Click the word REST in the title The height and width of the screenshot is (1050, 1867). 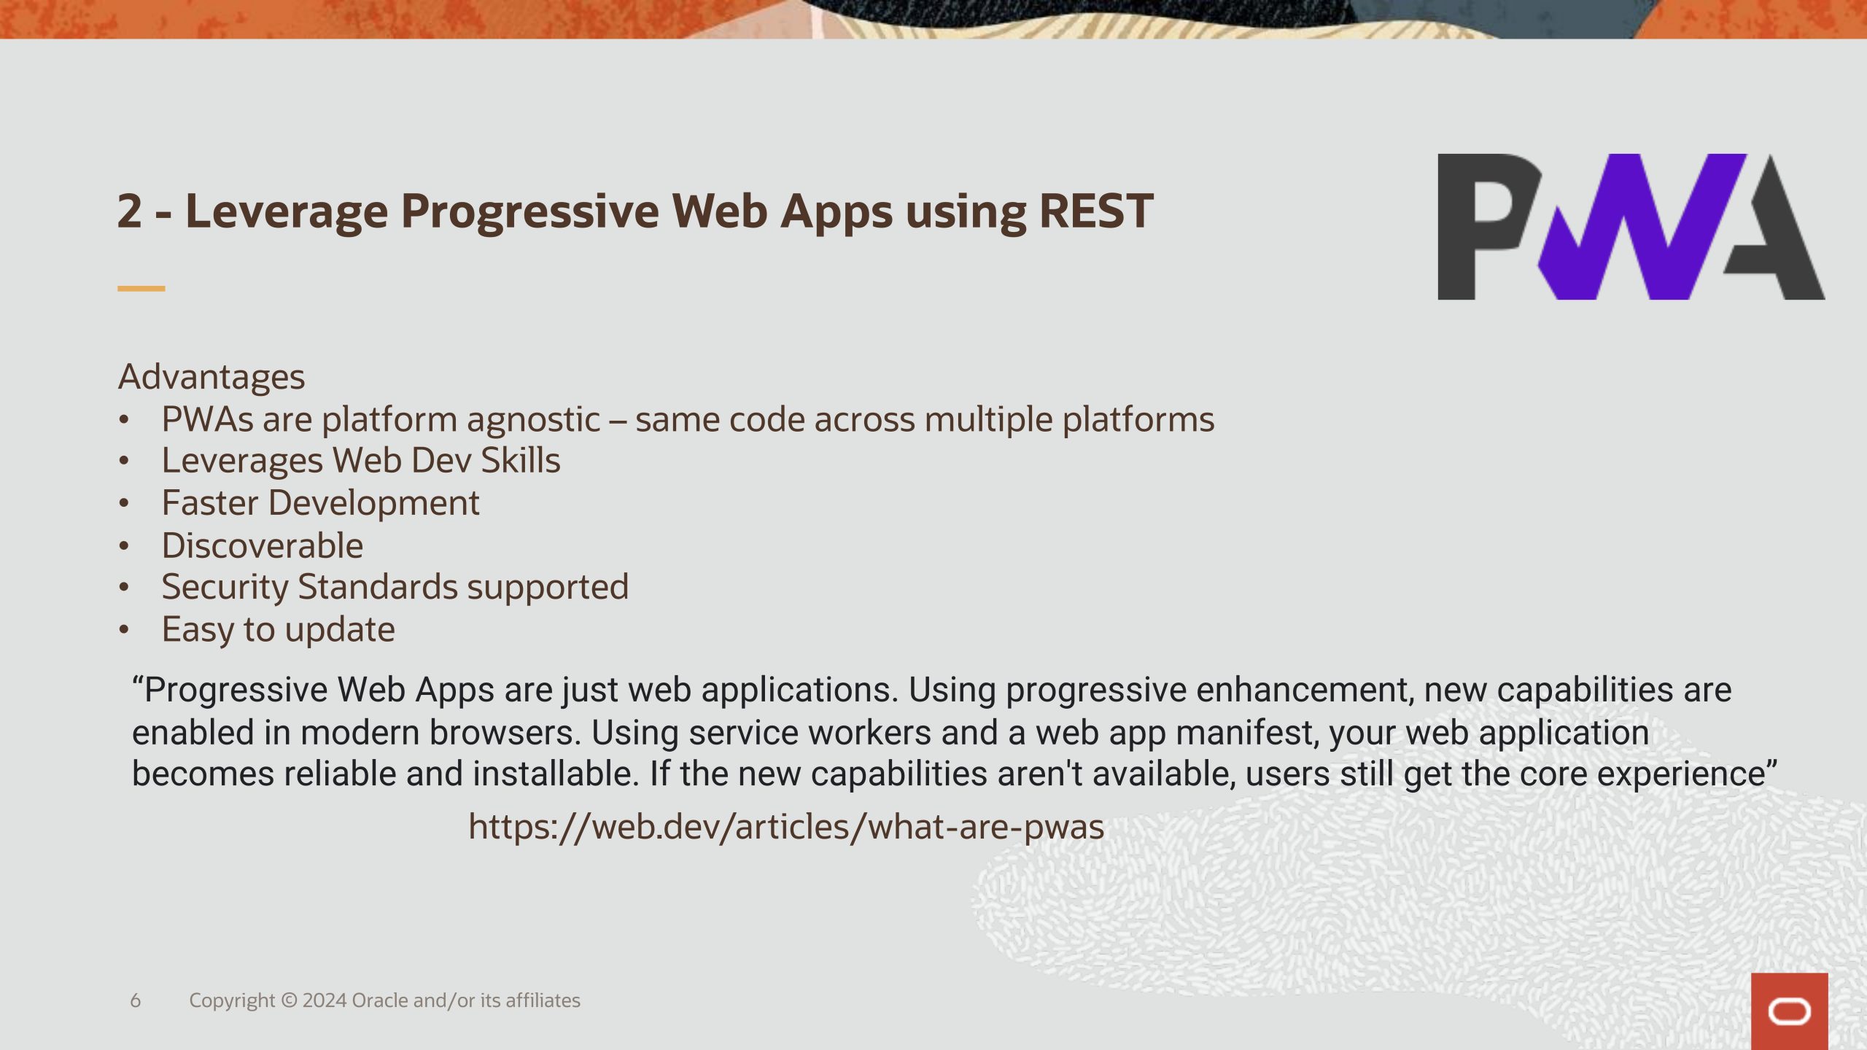coord(1096,211)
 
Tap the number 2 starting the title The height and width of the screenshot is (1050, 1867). coord(129,211)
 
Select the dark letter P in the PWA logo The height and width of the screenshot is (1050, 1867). coord(1488,227)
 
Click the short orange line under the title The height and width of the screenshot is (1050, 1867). coord(141,289)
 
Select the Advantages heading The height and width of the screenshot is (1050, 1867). coord(211,378)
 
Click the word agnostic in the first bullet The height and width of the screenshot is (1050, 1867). coord(533,421)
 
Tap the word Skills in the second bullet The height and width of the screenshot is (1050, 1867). coord(521,461)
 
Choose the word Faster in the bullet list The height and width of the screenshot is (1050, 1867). coord(210,503)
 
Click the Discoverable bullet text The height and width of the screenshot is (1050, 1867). coord(263,546)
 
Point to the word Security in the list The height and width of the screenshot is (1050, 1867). coord(225,588)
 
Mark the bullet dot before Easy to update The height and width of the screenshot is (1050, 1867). coord(124,629)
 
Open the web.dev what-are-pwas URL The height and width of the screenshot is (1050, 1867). coord(786,828)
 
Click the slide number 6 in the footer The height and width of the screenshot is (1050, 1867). coord(136,1000)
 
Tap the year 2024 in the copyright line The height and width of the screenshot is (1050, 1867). coord(325,1000)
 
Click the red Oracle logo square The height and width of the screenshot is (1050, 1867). coord(1790,1011)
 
